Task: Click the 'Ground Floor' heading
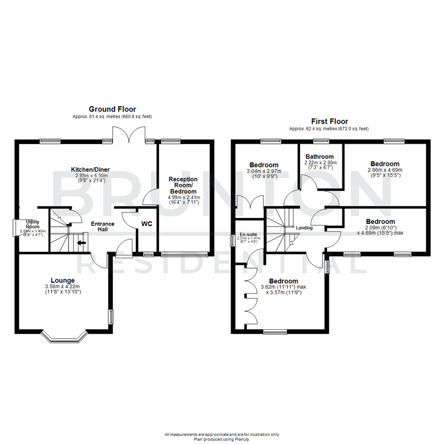tap(112, 109)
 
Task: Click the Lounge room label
tap(63, 280)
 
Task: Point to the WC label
tap(147, 224)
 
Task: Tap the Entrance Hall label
tap(102, 227)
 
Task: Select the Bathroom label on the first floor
tap(319, 157)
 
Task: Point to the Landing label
tap(304, 228)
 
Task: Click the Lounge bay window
tap(65, 338)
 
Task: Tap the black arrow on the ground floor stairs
tap(82, 243)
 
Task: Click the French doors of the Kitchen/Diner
tap(128, 134)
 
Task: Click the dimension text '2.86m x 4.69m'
tap(384, 170)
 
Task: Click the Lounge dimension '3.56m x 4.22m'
tap(63, 287)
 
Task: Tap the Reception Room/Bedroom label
tap(183, 185)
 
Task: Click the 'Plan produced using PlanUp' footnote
tap(222, 439)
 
